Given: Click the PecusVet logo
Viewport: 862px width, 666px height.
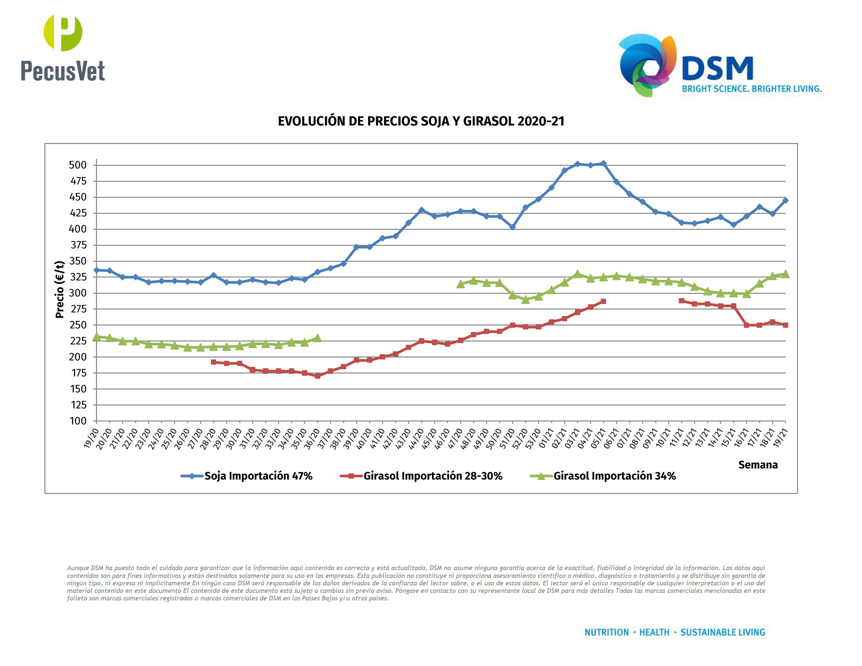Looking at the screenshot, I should point(63,48).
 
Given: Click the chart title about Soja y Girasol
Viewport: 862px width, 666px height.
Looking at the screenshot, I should point(421,121).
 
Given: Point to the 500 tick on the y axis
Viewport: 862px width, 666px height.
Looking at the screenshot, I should point(78,165).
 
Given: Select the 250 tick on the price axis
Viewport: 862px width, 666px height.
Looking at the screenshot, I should point(78,325).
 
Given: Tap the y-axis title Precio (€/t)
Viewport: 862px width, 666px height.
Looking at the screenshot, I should point(60,289).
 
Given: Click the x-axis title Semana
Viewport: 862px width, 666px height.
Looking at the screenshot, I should point(758,465).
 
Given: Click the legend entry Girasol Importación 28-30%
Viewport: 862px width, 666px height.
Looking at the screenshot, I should point(433,476).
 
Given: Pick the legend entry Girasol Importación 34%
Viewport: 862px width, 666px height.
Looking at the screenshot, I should point(614,476).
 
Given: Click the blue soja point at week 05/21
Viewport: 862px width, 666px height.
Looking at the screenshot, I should point(603,163).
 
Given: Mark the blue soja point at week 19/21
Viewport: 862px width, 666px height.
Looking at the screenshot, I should point(785,200).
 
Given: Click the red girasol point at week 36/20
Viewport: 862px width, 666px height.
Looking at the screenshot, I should point(317,376).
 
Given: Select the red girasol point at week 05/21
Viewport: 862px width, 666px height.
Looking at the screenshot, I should point(603,301).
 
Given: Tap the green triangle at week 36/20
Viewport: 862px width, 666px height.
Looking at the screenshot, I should point(317,338).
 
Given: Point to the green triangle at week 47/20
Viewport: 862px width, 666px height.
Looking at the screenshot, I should point(460,284).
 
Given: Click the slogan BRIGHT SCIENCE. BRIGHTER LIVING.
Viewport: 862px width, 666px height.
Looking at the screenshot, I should point(752,89).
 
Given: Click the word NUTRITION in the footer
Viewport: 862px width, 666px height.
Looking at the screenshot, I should point(606,632).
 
